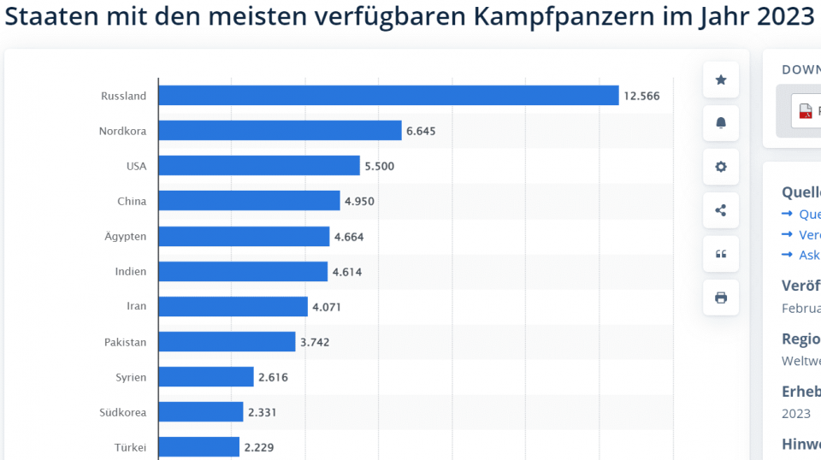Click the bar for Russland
(x=388, y=96)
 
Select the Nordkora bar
(x=280, y=131)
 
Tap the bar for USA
(x=259, y=166)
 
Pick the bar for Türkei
(x=198, y=447)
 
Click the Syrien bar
(x=206, y=377)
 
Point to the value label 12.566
(x=641, y=96)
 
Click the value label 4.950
(x=359, y=202)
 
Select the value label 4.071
(x=327, y=307)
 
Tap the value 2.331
(x=263, y=412)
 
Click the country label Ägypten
(x=126, y=237)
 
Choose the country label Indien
(x=130, y=272)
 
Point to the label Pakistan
(x=125, y=342)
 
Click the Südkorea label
(x=122, y=412)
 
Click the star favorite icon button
(x=721, y=80)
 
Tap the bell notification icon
(x=721, y=123)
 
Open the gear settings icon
(x=721, y=167)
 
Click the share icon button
(x=721, y=210)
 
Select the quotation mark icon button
(x=721, y=254)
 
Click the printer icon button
(x=721, y=298)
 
